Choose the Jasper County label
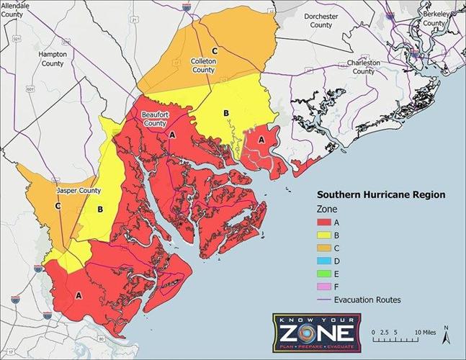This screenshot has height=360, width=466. pyautogui.click(x=79, y=191)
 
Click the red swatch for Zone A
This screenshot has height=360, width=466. pyautogui.click(x=328, y=223)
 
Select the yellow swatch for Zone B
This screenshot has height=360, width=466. pyautogui.click(x=328, y=236)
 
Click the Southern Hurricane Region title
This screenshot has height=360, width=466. pyautogui.click(x=382, y=194)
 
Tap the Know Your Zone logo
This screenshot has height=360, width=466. pyautogui.click(x=313, y=331)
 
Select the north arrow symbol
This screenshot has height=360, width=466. pyautogui.click(x=446, y=332)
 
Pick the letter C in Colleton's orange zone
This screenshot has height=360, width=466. pyautogui.click(x=214, y=50)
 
